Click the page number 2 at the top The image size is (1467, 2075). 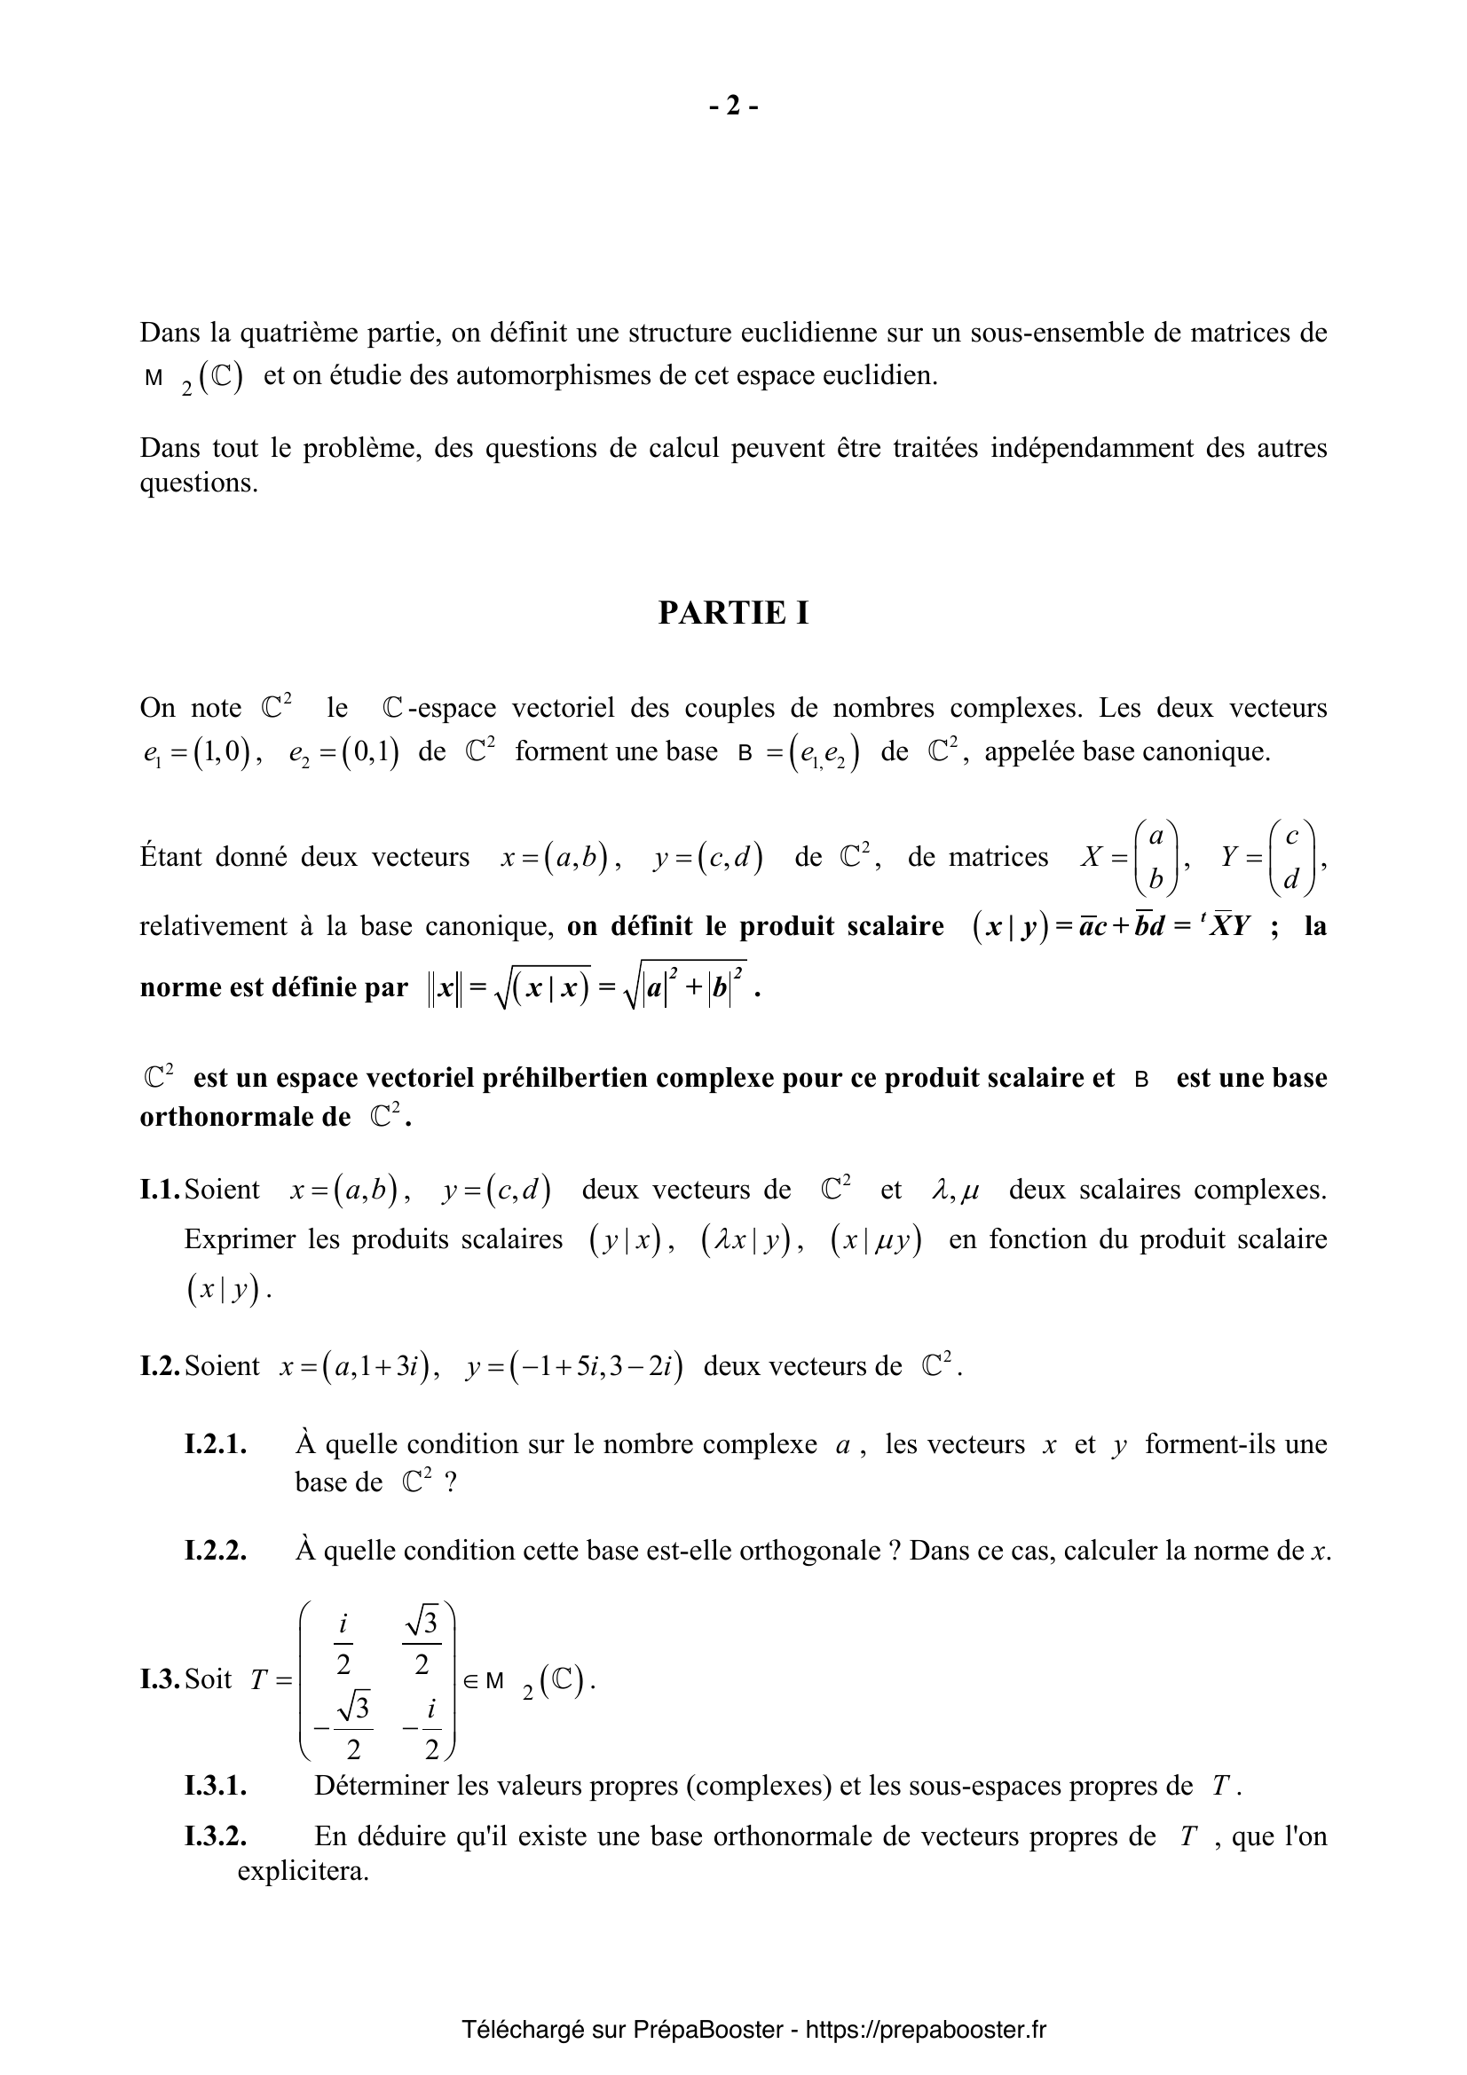(733, 106)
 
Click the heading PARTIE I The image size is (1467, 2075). (733, 613)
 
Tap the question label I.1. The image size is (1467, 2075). (161, 1190)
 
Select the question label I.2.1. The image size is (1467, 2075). (216, 1444)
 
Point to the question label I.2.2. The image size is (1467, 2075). (216, 1551)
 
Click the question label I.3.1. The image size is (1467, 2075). (216, 1786)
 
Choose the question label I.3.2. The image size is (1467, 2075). (216, 1836)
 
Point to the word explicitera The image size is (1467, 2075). (303, 1871)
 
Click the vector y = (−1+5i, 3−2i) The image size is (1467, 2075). (574, 1366)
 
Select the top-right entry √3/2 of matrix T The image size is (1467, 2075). (422, 1643)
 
